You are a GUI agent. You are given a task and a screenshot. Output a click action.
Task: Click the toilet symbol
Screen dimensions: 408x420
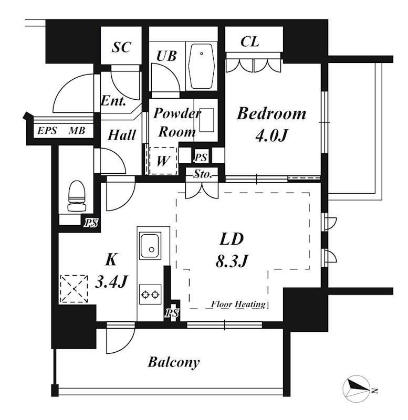coord(77,196)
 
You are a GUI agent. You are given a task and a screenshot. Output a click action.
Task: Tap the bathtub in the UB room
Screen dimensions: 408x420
coord(202,66)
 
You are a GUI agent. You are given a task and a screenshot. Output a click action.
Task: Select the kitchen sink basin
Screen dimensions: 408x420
coord(150,246)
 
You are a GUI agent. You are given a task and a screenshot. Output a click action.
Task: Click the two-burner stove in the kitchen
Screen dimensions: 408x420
coord(150,295)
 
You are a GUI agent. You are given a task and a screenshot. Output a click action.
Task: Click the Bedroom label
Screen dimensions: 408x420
coord(271,113)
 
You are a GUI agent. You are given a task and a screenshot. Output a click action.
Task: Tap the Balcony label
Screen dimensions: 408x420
coord(174,362)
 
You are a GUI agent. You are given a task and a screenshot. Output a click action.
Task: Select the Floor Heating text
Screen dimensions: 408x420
coord(238,304)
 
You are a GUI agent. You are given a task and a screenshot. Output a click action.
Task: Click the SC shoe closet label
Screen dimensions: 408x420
coord(121,47)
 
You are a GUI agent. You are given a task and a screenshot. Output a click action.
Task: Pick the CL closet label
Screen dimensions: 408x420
coord(249,41)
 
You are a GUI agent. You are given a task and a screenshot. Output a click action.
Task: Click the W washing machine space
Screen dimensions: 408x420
coord(163,161)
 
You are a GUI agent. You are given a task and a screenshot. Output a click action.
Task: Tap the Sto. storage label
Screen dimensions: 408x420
coord(203,174)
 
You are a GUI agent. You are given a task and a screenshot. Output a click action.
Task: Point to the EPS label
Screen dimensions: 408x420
coord(47,131)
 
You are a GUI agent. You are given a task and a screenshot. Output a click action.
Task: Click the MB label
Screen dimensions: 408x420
coord(77,131)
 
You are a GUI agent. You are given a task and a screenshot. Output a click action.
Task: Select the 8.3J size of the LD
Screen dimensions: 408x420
coord(232,261)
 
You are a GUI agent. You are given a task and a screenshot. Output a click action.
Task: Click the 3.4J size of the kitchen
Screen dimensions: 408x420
coord(111,281)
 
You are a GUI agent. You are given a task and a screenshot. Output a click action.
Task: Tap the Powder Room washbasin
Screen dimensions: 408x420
coord(206,120)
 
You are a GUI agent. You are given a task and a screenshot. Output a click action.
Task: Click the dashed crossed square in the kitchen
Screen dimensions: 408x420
coord(74,289)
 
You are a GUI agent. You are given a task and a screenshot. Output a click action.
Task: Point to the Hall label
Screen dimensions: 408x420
coord(122,135)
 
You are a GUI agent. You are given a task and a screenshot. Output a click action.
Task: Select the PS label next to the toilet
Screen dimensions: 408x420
coord(91,223)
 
